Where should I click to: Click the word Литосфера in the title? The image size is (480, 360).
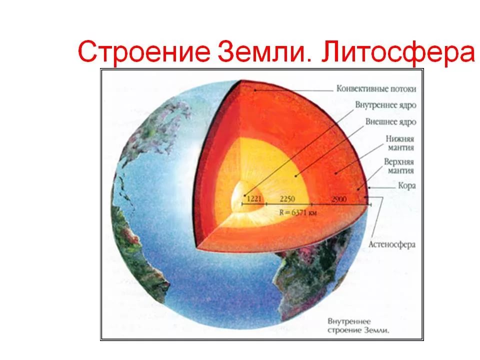pos(398,51)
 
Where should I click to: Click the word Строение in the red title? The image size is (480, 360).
pos(144,51)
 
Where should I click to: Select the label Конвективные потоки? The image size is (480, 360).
pos(376,89)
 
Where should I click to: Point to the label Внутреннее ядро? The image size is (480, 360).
pos(385,105)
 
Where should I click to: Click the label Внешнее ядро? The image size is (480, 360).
pos(391,122)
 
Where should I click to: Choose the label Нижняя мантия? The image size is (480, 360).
pos(400,143)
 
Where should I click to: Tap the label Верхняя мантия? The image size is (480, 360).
pos(399,166)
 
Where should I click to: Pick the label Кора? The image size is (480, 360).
pos(407,185)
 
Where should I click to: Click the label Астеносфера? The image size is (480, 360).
pos(392,244)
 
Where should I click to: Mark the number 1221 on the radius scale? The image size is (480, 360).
pos(254,198)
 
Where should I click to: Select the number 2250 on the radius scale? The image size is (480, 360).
pos(287,199)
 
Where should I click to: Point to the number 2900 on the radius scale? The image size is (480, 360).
pos(339,199)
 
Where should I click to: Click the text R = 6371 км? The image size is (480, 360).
pos(298,212)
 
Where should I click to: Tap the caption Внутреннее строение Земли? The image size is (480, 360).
pos(358,325)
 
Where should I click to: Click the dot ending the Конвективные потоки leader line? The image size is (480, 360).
pos(254,90)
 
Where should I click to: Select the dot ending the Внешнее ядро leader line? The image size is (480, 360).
pos(295,175)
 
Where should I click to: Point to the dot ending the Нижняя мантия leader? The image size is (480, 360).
pos(336,173)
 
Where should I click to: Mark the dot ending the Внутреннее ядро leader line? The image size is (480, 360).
pos(245,195)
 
